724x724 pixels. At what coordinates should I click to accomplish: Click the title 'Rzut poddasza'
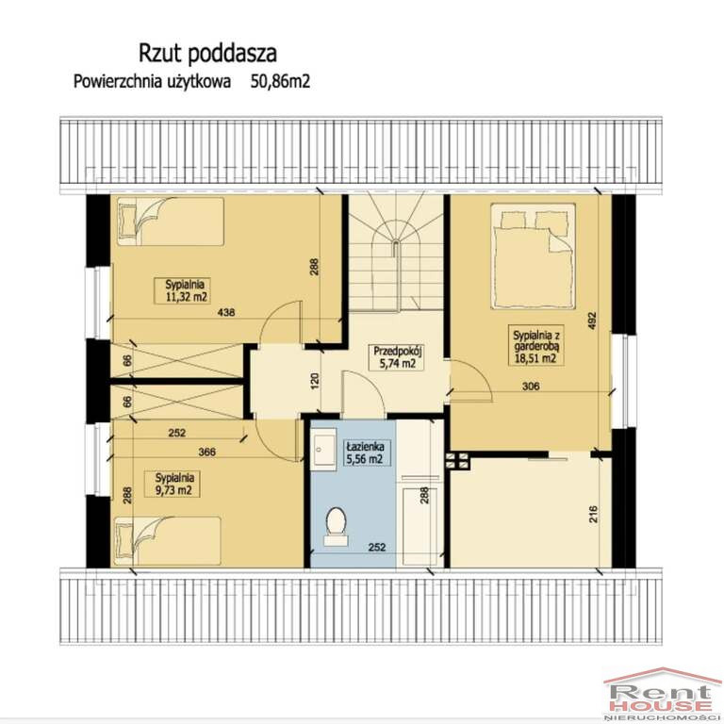(207, 53)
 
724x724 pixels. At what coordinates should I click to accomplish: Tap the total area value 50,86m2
(280, 81)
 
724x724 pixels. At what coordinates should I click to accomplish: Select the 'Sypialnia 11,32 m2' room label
(182, 290)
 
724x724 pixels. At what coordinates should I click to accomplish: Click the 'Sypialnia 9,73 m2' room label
(174, 484)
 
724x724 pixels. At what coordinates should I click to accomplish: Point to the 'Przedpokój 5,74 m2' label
(398, 356)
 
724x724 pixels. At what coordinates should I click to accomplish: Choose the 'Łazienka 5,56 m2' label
(364, 452)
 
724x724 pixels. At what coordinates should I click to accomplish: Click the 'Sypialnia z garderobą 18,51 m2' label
(535, 346)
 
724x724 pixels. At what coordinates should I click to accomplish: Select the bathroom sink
(323, 449)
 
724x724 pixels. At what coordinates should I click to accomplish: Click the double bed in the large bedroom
(534, 256)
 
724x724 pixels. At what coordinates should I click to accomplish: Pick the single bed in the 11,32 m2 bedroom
(171, 222)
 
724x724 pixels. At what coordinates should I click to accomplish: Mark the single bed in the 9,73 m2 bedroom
(167, 541)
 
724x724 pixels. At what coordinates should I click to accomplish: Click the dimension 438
(226, 313)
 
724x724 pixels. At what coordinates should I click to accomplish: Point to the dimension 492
(593, 321)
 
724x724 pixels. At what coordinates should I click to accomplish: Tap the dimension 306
(531, 386)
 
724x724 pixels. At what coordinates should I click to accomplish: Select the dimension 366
(206, 452)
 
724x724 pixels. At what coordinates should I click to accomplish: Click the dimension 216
(593, 514)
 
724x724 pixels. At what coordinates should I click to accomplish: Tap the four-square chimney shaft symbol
(457, 460)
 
